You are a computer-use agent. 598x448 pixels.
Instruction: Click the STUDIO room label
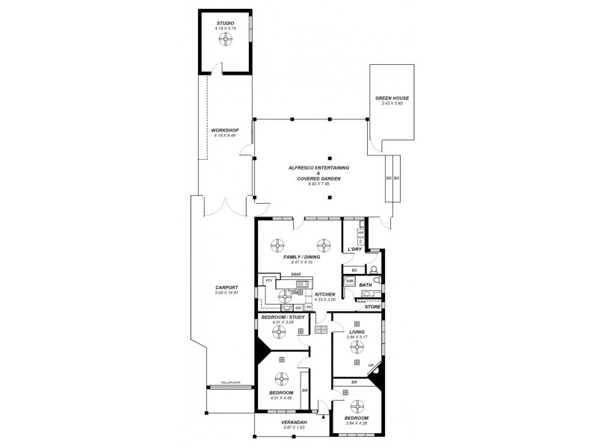click(x=225, y=23)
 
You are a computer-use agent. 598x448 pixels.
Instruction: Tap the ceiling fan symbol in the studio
click(x=225, y=42)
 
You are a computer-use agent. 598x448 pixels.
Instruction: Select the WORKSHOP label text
click(x=225, y=130)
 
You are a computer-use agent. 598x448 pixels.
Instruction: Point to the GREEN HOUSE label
click(x=392, y=98)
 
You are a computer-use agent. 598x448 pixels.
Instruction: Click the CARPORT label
click(x=226, y=287)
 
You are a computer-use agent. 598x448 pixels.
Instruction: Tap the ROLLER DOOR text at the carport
click(x=226, y=382)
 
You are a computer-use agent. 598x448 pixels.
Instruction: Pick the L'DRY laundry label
click(x=354, y=249)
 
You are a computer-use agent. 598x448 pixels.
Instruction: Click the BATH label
click(x=366, y=284)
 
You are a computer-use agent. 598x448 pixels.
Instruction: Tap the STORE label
click(x=372, y=306)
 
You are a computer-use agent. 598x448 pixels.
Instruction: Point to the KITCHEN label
click(x=325, y=294)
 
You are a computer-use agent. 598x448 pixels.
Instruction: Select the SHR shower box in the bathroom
click(x=349, y=281)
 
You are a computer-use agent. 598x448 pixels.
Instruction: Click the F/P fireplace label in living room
click(x=372, y=364)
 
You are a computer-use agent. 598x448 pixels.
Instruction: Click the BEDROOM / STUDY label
click(x=283, y=317)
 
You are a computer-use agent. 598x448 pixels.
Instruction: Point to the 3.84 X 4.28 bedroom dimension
click(x=357, y=423)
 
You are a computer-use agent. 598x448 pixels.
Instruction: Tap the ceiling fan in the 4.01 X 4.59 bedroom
click(x=282, y=378)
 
